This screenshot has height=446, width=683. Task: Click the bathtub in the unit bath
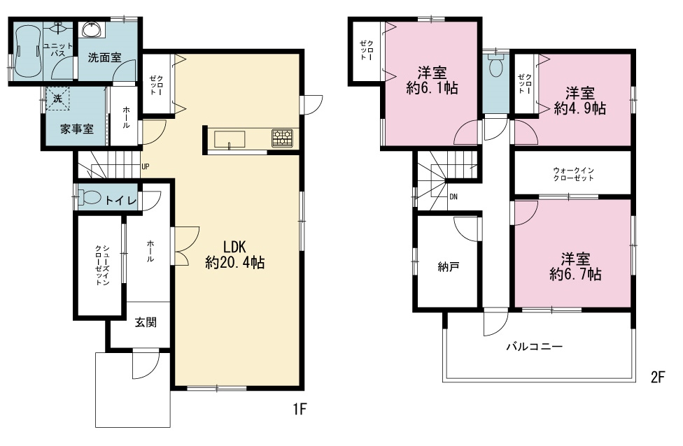[x=28, y=51]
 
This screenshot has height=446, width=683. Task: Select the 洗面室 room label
[x=104, y=57]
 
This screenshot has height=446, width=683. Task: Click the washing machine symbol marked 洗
[x=58, y=99]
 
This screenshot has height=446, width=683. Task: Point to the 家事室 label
[x=77, y=129]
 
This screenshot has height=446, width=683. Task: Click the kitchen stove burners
[x=282, y=138]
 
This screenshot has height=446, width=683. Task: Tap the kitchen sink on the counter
[x=230, y=140]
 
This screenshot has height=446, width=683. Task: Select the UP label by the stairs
[x=146, y=166]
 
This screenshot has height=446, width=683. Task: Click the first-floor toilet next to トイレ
[x=90, y=198]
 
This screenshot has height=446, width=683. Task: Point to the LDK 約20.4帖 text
[x=235, y=255]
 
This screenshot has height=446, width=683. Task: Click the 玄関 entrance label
[x=146, y=322]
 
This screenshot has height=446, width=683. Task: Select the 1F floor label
[x=300, y=409]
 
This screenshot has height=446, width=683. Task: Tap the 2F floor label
[x=659, y=377]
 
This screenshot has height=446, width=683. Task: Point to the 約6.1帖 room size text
[x=432, y=88]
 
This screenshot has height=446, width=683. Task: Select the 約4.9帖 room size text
[x=579, y=108]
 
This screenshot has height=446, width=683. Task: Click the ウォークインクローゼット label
[x=573, y=174]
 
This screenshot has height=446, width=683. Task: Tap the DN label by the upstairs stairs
[x=453, y=196]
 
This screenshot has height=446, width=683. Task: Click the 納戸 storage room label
[x=448, y=267]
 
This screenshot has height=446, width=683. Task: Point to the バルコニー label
[x=535, y=347]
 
